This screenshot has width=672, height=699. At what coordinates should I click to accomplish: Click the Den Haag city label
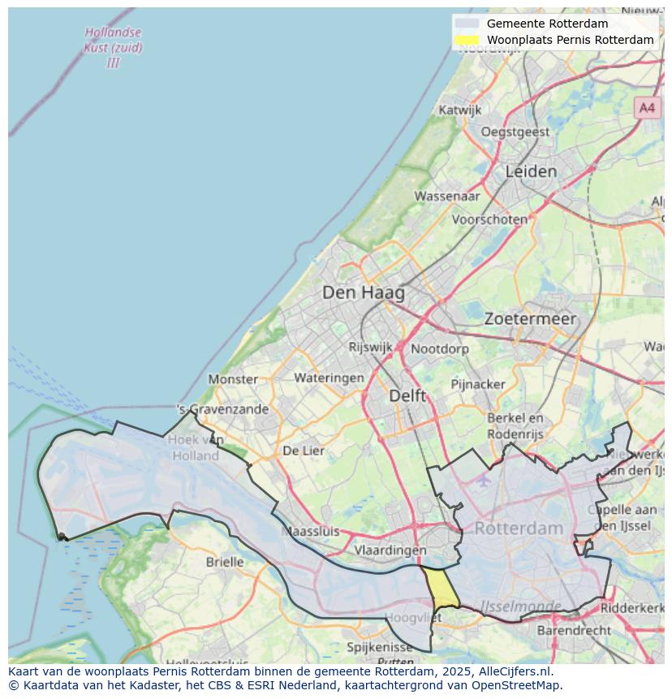(x=363, y=292)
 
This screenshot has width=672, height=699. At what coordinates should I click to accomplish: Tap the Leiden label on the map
(x=531, y=171)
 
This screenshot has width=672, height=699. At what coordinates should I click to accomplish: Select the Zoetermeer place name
(x=530, y=319)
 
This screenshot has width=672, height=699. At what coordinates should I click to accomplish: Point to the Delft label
(x=407, y=395)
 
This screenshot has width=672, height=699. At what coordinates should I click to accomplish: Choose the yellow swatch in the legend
(x=467, y=40)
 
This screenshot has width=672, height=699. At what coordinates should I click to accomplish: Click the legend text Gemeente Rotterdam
(x=547, y=24)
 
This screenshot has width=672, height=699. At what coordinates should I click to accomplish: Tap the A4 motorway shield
(x=646, y=107)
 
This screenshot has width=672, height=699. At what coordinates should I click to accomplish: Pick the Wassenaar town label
(x=447, y=196)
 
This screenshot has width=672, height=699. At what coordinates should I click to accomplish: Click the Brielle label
(x=225, y=561)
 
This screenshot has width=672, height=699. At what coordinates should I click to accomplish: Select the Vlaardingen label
(x=390, y=550)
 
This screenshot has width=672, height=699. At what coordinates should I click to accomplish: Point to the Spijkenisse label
(x=380, y=647)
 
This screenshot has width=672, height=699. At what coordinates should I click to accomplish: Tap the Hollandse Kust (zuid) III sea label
(x=113, y=47)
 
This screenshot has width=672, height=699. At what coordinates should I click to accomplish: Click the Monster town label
(x=233, y=378)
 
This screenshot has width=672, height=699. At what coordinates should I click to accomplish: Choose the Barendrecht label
(x=574, y=630)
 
